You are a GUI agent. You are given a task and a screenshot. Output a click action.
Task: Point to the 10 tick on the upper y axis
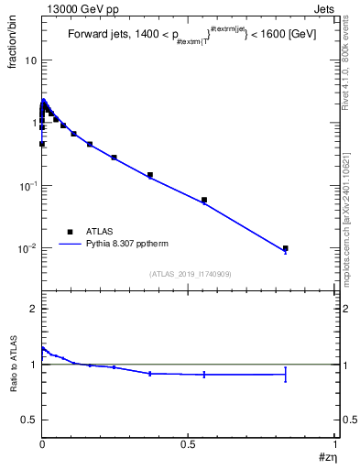tap(29, 60)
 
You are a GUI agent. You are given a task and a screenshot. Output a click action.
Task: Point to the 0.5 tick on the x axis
tap(189, 443)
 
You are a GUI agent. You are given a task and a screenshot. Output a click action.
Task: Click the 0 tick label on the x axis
tap(42, 443)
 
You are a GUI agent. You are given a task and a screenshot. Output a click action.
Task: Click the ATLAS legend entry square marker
tap(70, 232)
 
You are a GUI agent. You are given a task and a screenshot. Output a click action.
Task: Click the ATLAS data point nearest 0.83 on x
tap(286, 248)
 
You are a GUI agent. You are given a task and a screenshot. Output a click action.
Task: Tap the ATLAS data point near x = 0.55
tap(204, 200)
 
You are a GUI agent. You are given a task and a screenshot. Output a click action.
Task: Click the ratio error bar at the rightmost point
tap(286, 374)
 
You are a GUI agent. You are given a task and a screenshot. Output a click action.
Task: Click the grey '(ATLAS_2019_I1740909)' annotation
tap(190, 273)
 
